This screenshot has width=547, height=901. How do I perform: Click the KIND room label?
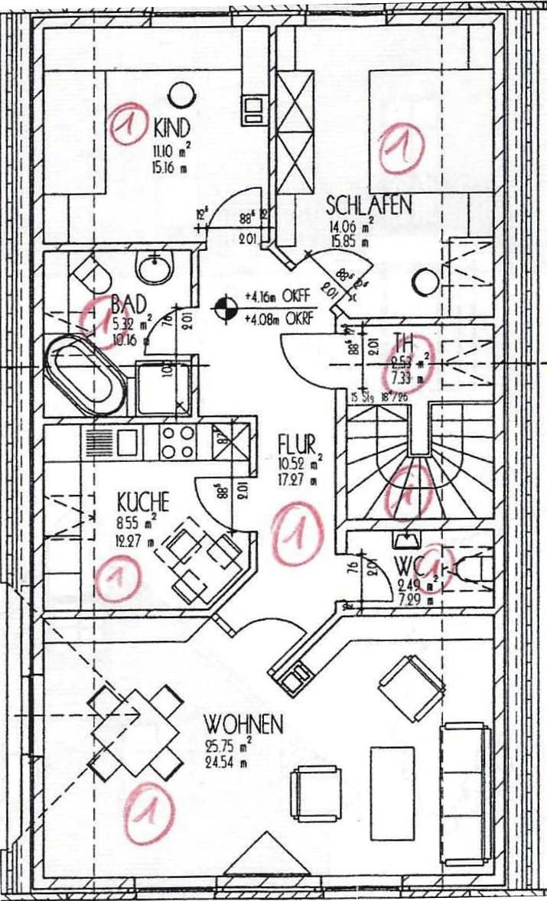coord(171,125)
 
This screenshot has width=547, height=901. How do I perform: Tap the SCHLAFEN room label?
coord(369,205)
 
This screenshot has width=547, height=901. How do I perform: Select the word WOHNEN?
coord(243,724)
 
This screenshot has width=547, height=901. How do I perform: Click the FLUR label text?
coord(295,444)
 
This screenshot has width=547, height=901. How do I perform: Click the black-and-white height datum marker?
coord(224,307)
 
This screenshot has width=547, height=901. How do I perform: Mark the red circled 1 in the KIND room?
coord(127,125)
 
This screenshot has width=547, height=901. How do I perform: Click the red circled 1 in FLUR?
coord(298,533)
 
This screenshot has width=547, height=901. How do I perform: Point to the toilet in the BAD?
coord(90,272)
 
